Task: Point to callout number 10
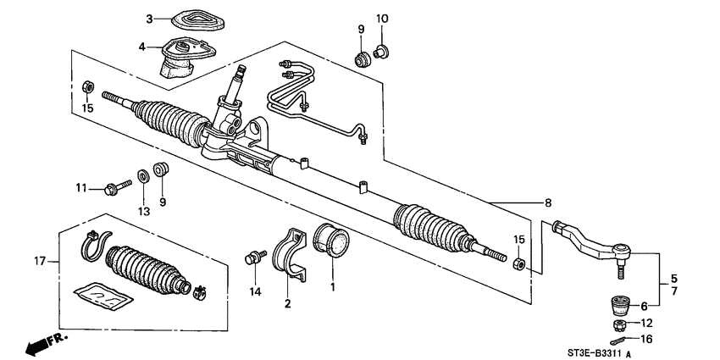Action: click(381, 19)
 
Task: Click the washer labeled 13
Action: click(143, 176)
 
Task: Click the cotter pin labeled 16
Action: click(623, 340)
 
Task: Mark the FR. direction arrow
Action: click(42, 345)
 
